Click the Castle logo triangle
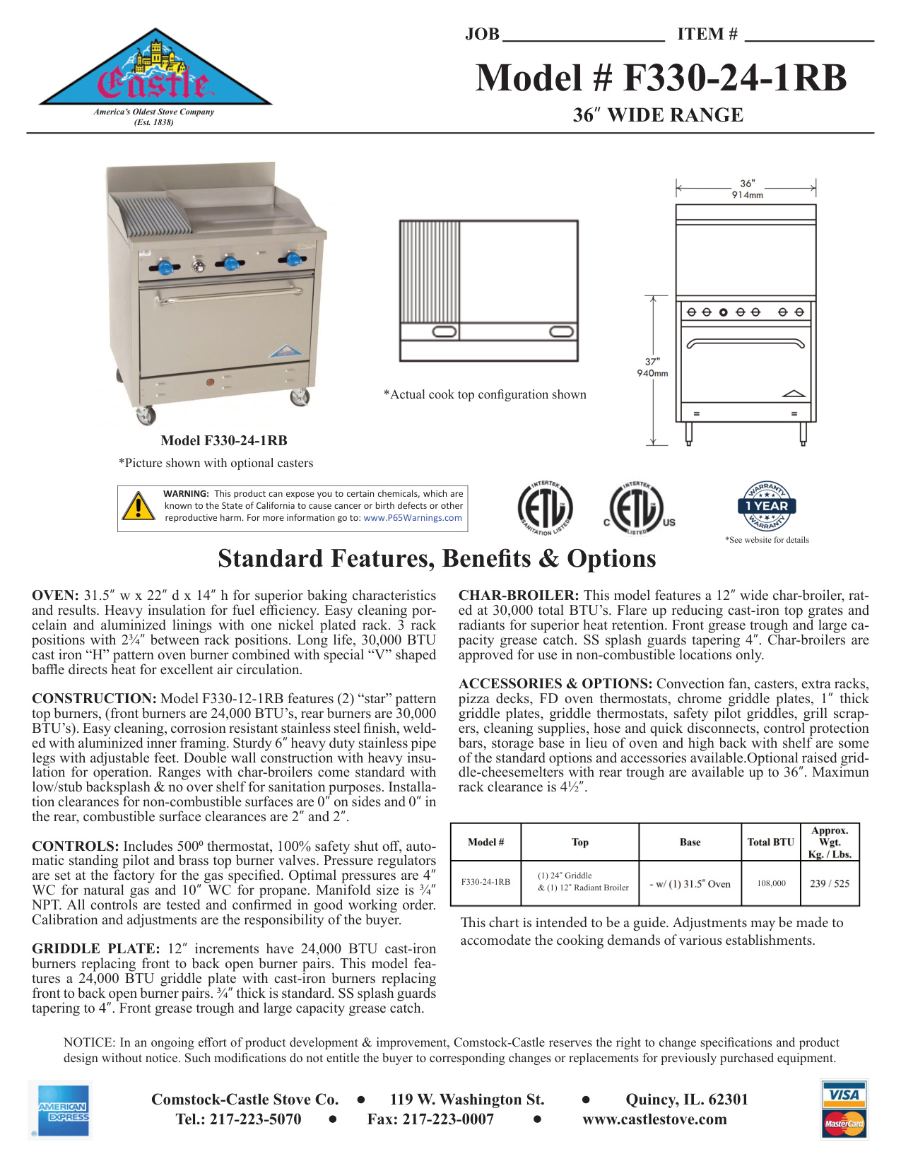(x=155, y=71)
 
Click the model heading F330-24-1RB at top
(x=661, y=78)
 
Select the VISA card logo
(x=844, y=1095)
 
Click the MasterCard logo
(x=844, y=1124)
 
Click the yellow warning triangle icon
(x=139, y=506)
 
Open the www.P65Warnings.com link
(x=413, y=518)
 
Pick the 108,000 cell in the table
(x=771, y=883)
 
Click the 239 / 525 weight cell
(x=830, y=883)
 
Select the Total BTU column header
(x=771, y=842)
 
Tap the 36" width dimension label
(x=747, y=184)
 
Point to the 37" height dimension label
(x=652, y=362)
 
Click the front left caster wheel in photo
(x=146, y=415)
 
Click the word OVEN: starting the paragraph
(x=55, y=596)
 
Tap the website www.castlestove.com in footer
(x=654, y=1119)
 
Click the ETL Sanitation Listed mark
(x=545, y=508)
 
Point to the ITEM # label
(x=707, y=35)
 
